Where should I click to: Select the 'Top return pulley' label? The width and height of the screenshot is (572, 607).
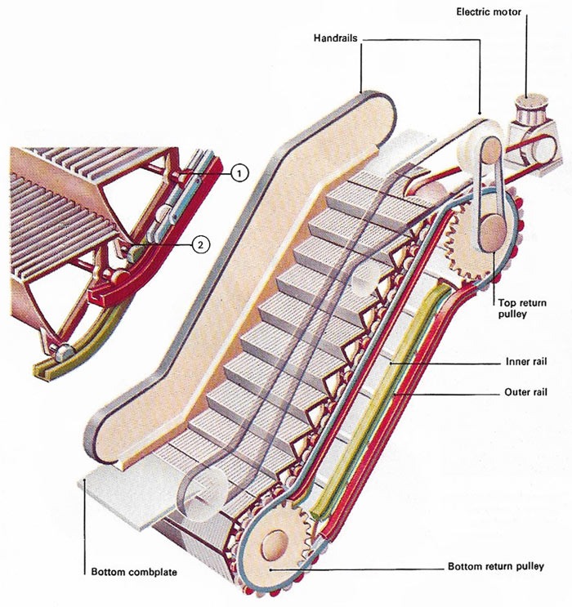520,306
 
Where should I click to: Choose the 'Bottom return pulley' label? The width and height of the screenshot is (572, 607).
497,565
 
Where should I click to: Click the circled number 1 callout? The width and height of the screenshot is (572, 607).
238,172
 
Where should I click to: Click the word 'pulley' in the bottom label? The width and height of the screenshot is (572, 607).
528,565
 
